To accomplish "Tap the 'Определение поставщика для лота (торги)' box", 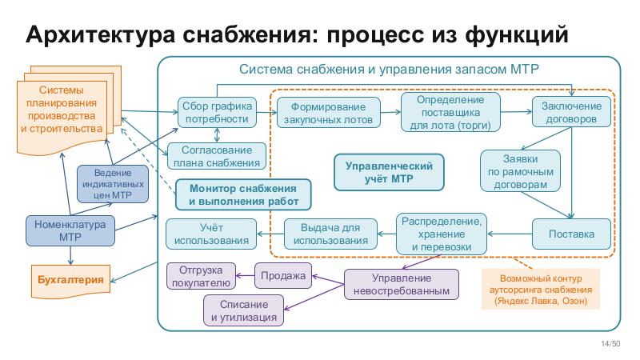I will click(451, 111).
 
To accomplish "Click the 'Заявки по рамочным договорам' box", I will click(517, 170).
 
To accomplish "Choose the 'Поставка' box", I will click(570, 234).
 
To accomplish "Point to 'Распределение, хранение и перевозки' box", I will click(442, 234).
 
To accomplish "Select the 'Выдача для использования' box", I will click(330, 234).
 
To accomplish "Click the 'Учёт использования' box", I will click(211, 234).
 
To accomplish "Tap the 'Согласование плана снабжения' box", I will click(215, 157).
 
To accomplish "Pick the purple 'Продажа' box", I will click(283, 276).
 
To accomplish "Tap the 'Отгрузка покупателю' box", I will click(199, 275).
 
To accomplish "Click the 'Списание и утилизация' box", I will click(244, 310).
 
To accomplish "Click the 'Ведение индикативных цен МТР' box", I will click(112, 183).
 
